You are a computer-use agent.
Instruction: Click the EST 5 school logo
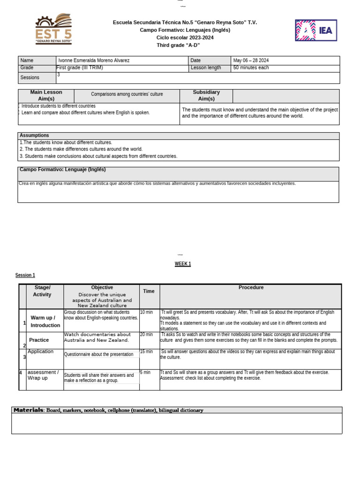(x=54, y=29)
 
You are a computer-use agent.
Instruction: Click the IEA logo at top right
(x=315, y=30)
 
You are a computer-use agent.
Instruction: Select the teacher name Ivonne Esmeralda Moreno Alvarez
(x=94, y=60)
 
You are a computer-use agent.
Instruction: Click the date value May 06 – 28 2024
(x=251, y=60)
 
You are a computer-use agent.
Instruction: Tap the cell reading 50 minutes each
(x=251, y=67)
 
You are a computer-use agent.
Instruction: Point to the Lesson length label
(x=206, y=67)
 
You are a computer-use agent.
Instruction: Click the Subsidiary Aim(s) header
(x=206, y=96)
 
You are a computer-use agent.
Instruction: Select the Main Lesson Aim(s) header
(x=46, y=96)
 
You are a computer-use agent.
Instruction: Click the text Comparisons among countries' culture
(x=127, y=94)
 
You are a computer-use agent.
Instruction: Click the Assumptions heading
(x=34, y=135)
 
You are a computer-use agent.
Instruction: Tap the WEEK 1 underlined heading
(x=183, y=264)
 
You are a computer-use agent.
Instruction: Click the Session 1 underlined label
(x=25, y=275)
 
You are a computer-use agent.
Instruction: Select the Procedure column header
(x=251, y=287)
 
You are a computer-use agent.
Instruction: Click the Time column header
(x=149, y=291)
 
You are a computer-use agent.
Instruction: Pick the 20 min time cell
(x=146, y=334)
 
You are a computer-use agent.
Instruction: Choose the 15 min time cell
(x=146, y=352)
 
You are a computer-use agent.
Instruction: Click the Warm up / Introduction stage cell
(x=45, y=322)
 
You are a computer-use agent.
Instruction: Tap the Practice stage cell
(x=39, y=340)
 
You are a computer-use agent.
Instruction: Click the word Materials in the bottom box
(x=28, y=410)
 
